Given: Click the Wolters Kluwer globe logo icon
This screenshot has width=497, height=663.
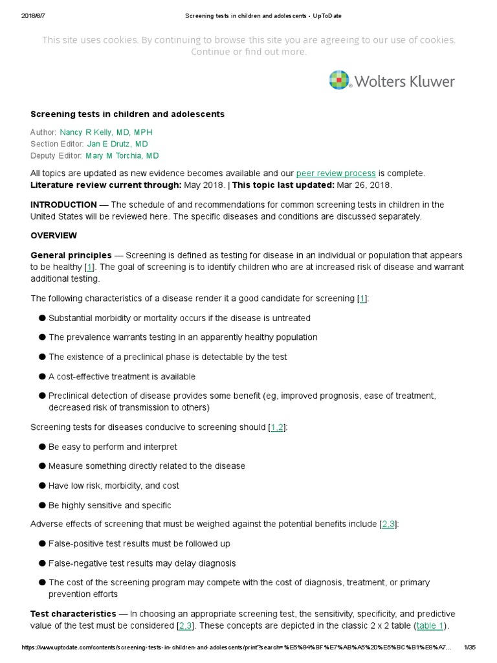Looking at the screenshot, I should coord(340,80).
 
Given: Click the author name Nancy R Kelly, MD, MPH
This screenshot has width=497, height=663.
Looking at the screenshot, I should coord(105,132).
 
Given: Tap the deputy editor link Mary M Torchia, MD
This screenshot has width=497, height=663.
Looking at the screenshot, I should coord(122,155).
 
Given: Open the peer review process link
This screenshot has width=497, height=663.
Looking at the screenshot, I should coord(336,174).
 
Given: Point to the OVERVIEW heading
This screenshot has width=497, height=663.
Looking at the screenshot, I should coord(54,236).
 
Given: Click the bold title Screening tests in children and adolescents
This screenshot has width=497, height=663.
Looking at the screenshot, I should coord(127,114).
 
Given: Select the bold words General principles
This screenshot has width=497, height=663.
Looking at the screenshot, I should coord(71,255).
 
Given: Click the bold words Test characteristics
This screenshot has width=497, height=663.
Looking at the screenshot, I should coord(72,614).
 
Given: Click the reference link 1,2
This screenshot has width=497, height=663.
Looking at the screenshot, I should coord(277,427).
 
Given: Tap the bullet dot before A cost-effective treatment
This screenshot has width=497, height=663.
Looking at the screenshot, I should coord(42,377).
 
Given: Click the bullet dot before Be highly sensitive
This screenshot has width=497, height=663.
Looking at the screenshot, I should coord(42,505).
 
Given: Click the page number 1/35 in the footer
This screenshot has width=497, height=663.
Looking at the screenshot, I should coord(470,647).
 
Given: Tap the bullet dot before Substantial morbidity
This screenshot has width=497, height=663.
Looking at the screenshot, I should coord(42,318).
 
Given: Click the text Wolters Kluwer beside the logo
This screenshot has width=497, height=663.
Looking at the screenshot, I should coord(404,81).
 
